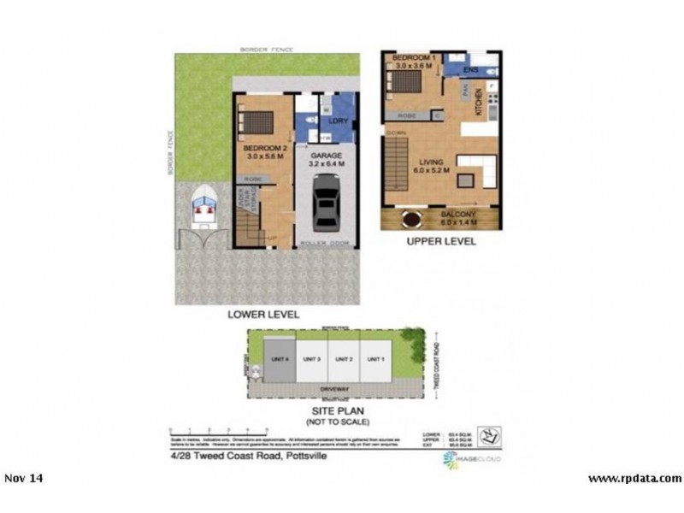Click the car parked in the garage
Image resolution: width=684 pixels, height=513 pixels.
tap(325, 203)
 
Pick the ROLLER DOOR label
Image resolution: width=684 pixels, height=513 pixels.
tap(324, 244)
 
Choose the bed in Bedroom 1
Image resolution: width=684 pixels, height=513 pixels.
tap(406, 83)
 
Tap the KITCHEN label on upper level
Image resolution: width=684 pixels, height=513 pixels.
tap(480, 103)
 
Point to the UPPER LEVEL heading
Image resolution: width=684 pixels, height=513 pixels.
tap(441, 241)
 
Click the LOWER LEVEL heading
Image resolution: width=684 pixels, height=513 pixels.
tap(263, 315)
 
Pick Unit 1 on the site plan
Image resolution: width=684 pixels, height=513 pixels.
tap(374, 359)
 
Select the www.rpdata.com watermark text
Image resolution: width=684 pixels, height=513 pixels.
tap(634, 478)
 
